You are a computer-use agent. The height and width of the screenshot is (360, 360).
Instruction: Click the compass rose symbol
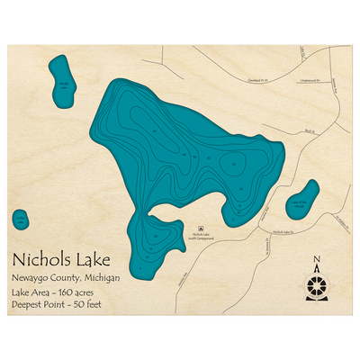click(x=317, y=285)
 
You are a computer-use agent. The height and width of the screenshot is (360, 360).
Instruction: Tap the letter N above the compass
click(x=317, y=263)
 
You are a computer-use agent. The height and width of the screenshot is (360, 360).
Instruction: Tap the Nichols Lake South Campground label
click(x=200, y=236)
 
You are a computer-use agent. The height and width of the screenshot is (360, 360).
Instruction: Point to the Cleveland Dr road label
click(x=259, y=79)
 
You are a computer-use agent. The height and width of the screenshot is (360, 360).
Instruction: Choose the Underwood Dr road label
click(x=309, y=79)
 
